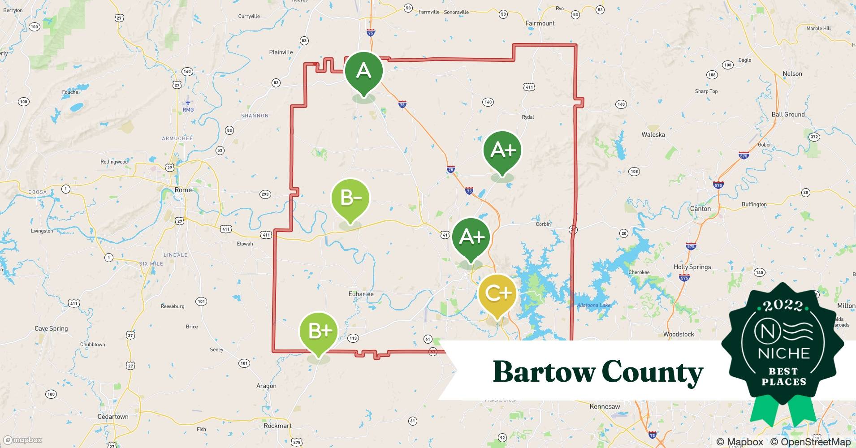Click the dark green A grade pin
click(x=363, y=71)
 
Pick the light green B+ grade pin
click(x=319, y=331)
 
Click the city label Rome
click(x=183, y=190)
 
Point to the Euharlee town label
click(x=361, y=294)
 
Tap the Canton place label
click(x=700, y=209)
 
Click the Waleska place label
click(x=653, y=134)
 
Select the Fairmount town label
click(x=540, y=23)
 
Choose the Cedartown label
click(x=113, y=417)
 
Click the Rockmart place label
click(x=277, y=426)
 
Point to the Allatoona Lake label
click(x=593, y=305)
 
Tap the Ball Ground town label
click(x=788, y=114)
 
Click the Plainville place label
click(x=281, y=52)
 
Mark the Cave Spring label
click(x=51, y=328)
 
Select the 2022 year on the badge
click(x=783, y=306)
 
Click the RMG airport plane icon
click(x=188, y=103)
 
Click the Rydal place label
click(x=528, y=117)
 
